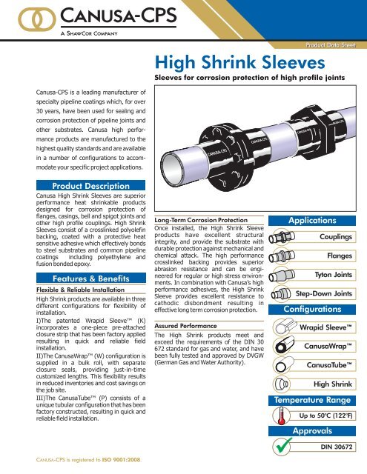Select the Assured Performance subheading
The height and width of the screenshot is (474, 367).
[185, 325]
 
